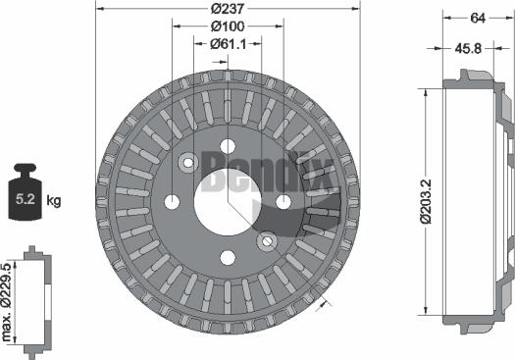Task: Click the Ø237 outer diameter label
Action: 228,10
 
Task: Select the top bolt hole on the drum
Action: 228,146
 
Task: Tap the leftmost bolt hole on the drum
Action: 173,202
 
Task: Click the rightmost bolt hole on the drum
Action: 283,202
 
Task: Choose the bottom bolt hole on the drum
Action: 228,258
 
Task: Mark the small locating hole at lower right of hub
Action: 265,240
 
